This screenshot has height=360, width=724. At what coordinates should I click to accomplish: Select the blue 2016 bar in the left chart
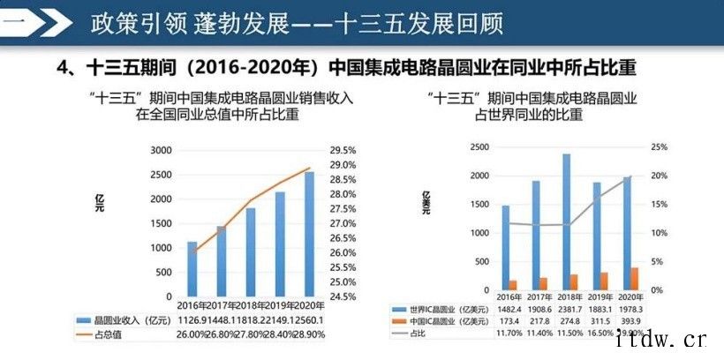[x=192, y=268]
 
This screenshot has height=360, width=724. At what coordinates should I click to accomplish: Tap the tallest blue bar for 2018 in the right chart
[x=565, y=221]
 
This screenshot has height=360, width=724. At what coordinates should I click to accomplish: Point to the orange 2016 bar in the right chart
[x=512, y=285]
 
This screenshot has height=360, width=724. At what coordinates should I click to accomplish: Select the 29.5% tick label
[x=343, y=151]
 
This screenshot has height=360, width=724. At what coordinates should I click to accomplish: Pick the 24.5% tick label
[x=343, y=296]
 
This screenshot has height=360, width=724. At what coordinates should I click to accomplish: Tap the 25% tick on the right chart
[x=660, y=146]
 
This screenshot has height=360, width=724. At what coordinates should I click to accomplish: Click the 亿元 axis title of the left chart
[x=100, y=200]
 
